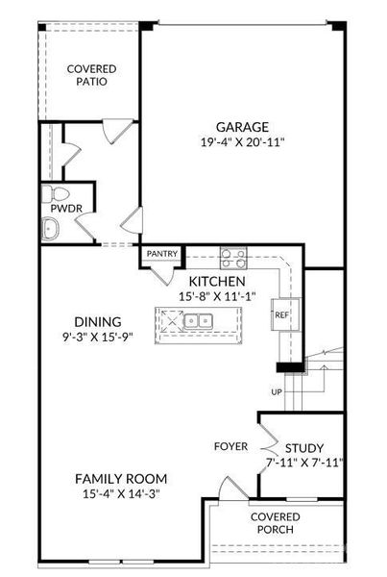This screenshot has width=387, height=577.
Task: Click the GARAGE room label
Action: [242, 127]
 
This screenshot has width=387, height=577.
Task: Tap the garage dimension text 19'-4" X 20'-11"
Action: [243, 142]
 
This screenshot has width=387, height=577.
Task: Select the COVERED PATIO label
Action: [92, 75]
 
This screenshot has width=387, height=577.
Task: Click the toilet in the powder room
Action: [55, 194]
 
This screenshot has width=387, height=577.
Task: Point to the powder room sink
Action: [50, 229]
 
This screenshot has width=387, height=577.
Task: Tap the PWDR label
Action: [66, 209]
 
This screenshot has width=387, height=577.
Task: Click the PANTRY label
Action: [161, 254]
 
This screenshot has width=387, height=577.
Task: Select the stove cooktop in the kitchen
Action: [233, 258]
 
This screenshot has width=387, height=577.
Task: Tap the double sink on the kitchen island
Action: [198, 321]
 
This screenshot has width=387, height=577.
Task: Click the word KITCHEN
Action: [217, 282]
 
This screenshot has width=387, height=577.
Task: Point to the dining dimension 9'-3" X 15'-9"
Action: [97, 337]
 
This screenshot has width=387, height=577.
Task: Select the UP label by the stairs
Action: [277, 392]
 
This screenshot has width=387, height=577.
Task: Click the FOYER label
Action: [230, 446]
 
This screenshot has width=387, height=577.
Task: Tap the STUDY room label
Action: [304, 448]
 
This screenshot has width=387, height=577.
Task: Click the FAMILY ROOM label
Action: [121, 479]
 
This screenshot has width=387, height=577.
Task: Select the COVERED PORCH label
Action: [276, 523]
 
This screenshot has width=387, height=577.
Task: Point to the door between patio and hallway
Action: [116, 131]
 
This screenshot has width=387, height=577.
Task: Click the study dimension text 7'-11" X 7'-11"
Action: [304, 463]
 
